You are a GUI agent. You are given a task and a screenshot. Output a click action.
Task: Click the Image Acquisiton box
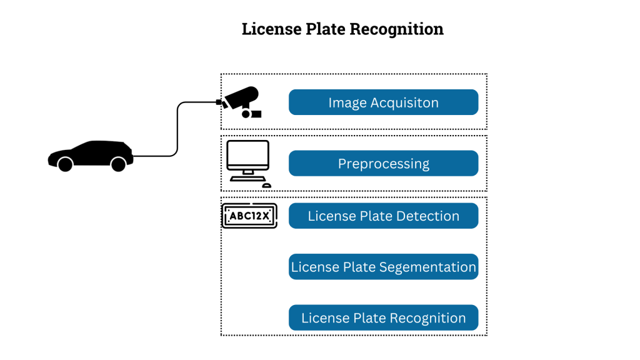click(x=383, y=102)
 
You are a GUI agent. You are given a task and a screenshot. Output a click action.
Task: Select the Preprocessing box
click(x=383, y=164)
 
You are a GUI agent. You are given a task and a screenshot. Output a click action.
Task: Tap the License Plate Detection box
click(x=383, y=216)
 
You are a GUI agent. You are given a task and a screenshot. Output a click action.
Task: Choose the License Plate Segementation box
click(x=383, y=267)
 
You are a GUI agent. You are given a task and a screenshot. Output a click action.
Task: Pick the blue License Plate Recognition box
click(x=383, y=318)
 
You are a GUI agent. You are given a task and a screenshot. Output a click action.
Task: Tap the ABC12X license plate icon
click(x=249, y=216)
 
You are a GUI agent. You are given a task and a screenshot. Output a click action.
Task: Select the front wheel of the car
click(x=64, y=164)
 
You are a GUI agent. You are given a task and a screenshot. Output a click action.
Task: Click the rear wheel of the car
click(x=117, y=164)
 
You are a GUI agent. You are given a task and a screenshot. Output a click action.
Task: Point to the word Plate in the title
click(x=320, y=29)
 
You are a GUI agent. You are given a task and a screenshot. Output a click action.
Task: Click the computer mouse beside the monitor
click(x=266, y=185)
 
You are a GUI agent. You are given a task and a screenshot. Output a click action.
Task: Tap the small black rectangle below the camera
click(x=256, y=114)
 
